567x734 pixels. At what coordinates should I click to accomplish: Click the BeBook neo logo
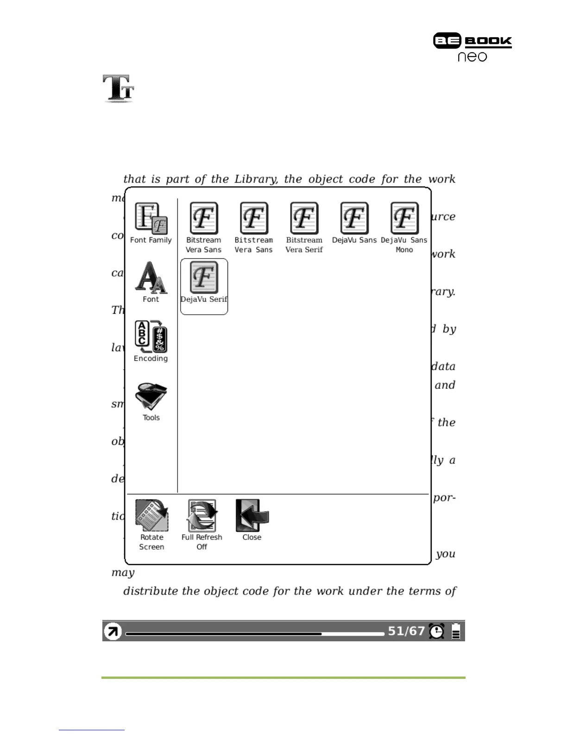(x=472, y=47)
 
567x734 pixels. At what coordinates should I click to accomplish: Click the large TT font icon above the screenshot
(x=119, y=88)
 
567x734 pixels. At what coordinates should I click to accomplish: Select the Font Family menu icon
(x=151, y=218)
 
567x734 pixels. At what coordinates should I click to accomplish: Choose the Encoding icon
(x=151, y=336)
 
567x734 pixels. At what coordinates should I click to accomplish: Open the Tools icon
(x=151, y=396)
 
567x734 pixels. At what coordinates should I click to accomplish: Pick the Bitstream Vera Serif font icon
(x=304, y=218)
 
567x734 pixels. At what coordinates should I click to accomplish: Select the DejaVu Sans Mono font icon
(x=404, y=218)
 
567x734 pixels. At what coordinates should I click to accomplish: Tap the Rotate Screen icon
(x=151, y=515)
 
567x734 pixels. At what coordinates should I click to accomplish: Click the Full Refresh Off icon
(x=202, y=515)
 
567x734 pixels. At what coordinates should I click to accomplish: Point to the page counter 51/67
(x=406, y=631)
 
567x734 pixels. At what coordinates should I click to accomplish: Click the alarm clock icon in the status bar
(x=436, y=631)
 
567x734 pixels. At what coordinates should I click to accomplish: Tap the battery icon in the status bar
(x=456, y=631)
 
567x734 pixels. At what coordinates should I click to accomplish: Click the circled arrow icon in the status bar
(x=113, y=631)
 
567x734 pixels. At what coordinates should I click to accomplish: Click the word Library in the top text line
(x=256, y=179)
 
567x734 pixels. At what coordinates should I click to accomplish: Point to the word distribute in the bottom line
(x=151, y=591)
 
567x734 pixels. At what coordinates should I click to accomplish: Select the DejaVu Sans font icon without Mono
(x=354, y=218)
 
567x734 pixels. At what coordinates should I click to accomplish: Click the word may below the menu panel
(x=123, y=573)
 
